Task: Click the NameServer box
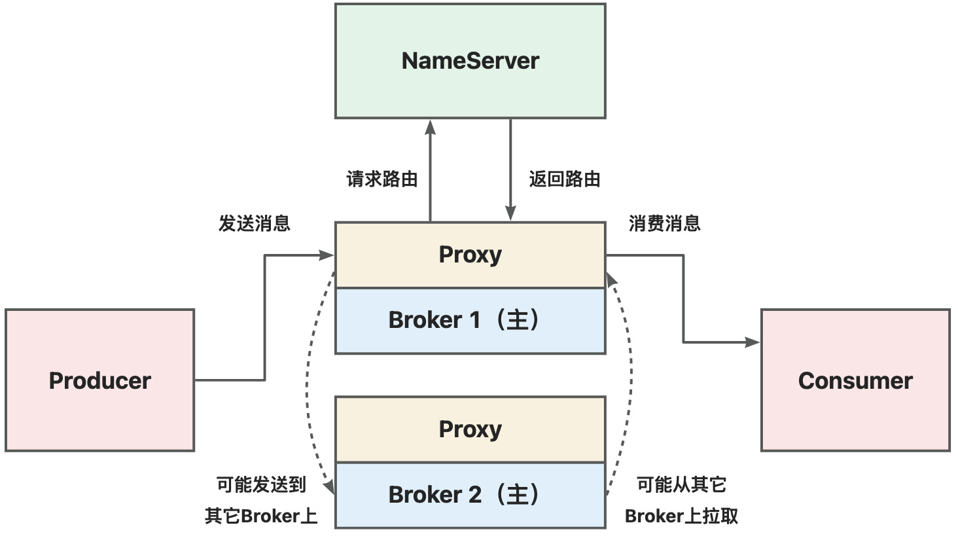(470, 61)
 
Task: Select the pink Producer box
(99, 380)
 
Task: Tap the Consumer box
(855, 380)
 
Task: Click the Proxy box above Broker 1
(470, 255)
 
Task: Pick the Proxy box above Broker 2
(470, 429)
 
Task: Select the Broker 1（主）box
(470, 321)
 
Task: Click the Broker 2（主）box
(470, 495)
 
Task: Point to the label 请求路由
(382, 179)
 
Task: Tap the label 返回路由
(565, 179)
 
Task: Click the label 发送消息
(255, 223)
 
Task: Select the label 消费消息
(665, 223)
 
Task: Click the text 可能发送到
(261, 485)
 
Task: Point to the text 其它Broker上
(261, 516)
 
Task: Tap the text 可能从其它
(682, 485)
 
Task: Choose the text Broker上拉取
(682, 516)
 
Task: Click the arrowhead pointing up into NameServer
(430, 127)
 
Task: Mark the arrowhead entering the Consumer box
(753, 342)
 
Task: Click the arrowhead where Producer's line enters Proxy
(327, 255)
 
